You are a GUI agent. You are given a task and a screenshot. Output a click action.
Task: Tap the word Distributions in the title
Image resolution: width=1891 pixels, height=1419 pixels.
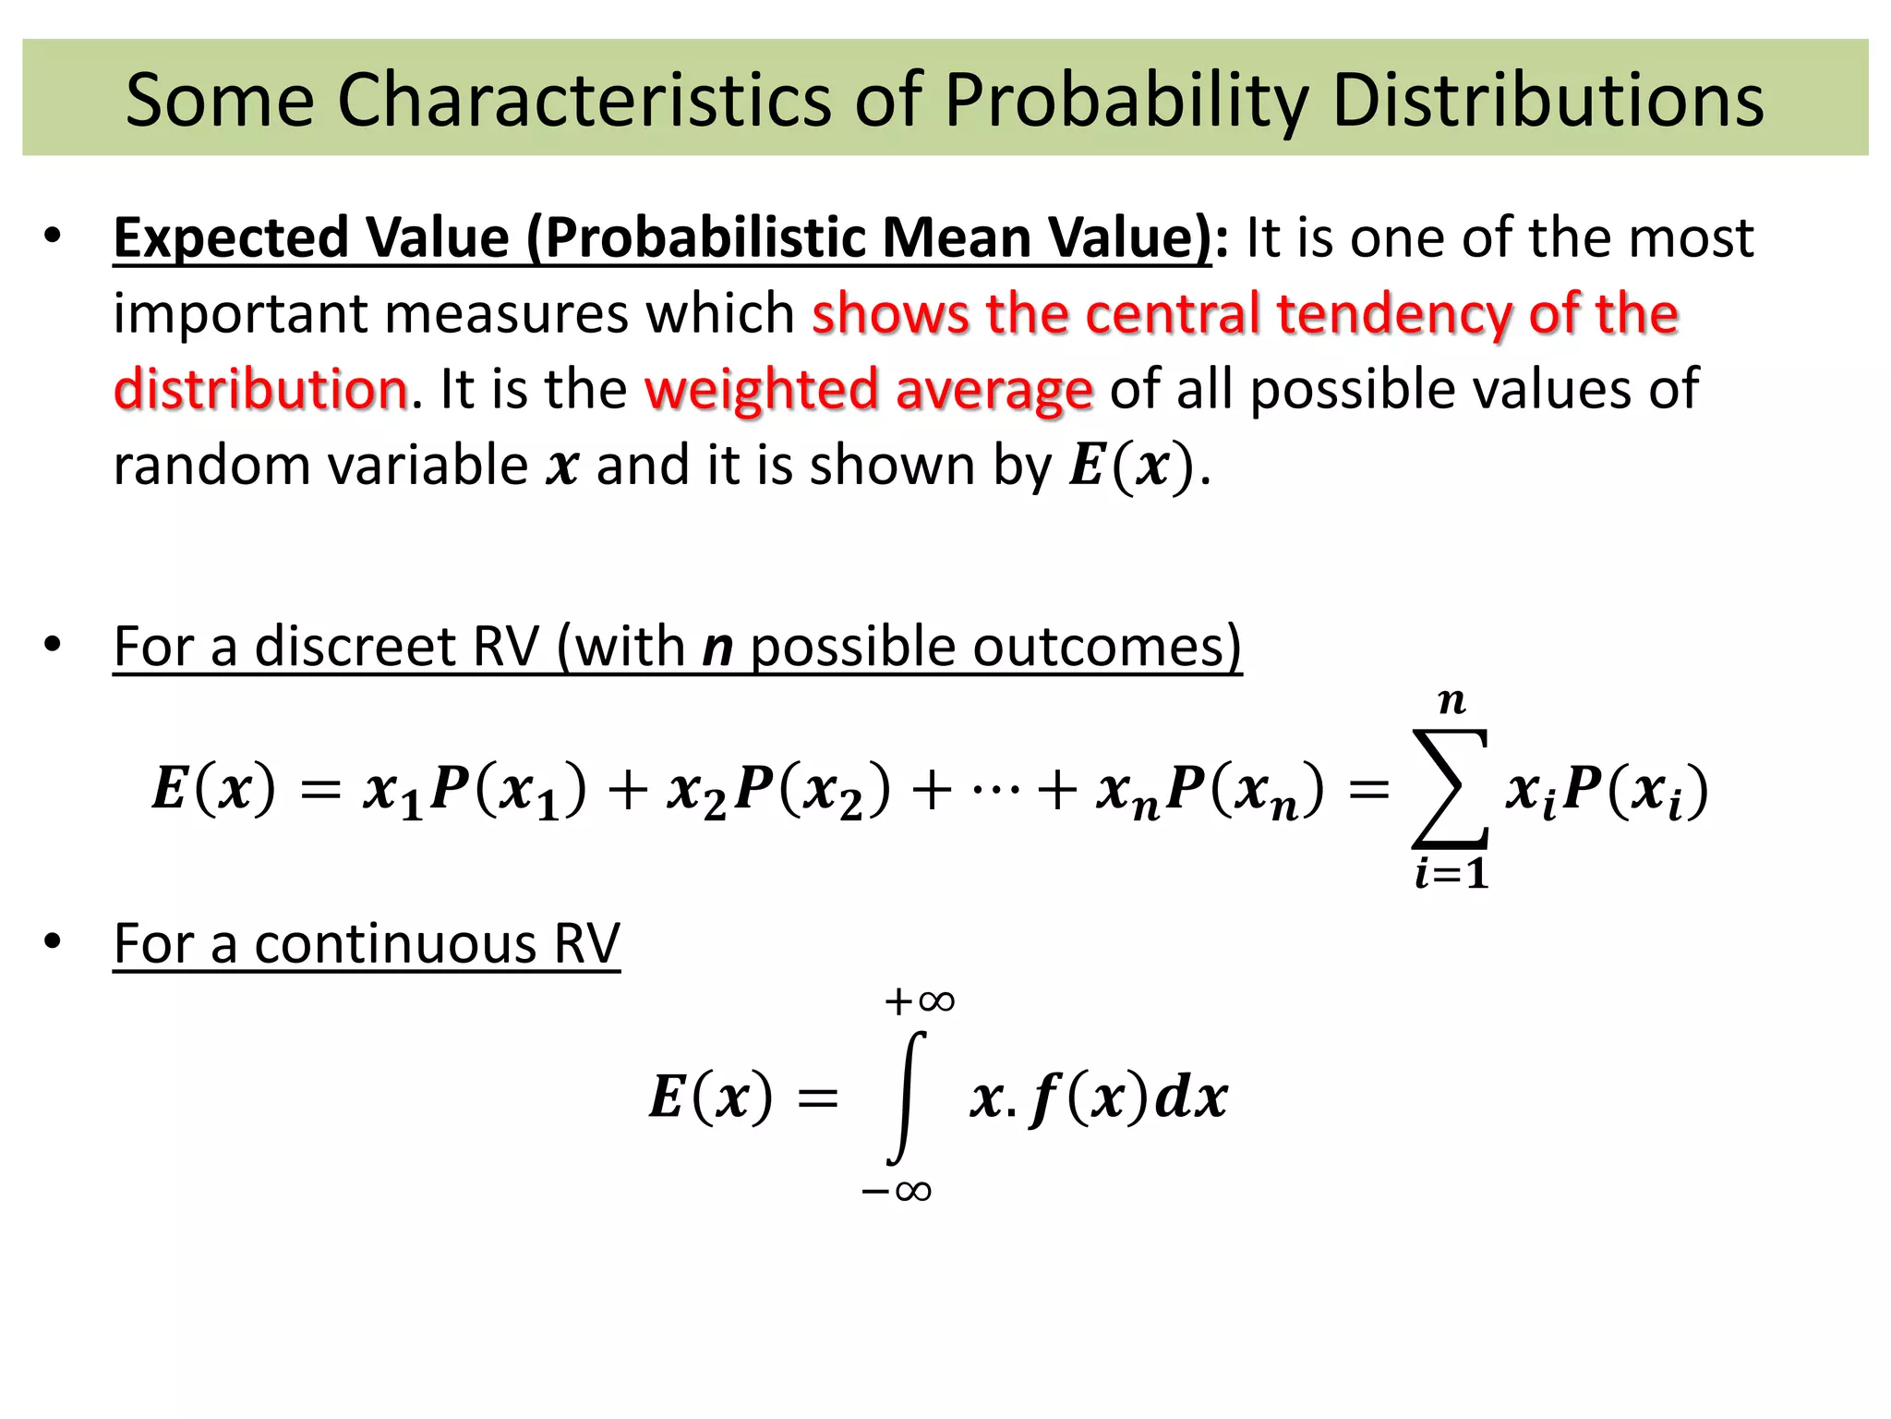point(1548,100)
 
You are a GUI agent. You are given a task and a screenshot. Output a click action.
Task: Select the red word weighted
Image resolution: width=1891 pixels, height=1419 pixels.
point(760,389)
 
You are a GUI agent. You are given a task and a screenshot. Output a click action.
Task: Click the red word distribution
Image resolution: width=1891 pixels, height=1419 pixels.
point(260,389)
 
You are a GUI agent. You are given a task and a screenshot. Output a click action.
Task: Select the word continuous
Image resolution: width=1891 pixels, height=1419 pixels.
point(395,944)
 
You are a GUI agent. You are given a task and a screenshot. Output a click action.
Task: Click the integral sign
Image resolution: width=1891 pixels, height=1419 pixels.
point(906,1098)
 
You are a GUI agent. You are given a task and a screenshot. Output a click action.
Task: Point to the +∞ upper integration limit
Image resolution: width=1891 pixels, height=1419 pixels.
point(919,1001)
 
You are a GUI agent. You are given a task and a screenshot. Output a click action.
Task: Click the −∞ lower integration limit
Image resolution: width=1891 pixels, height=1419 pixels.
point(896,1191)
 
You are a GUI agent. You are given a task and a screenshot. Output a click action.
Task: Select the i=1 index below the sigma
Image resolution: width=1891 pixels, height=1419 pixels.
point(1451,874)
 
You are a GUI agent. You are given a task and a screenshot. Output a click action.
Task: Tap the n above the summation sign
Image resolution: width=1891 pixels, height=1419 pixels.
point(1451,702)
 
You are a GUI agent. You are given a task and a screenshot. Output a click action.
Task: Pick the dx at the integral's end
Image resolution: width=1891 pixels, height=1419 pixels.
point(1192,1098)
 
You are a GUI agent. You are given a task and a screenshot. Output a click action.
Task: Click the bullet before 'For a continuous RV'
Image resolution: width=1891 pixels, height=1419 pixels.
point(53,942)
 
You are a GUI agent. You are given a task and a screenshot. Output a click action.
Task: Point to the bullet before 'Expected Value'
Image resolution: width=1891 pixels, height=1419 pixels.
point(53,236)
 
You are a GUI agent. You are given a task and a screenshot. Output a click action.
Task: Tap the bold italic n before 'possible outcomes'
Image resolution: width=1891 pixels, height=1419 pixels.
point(717,648)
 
